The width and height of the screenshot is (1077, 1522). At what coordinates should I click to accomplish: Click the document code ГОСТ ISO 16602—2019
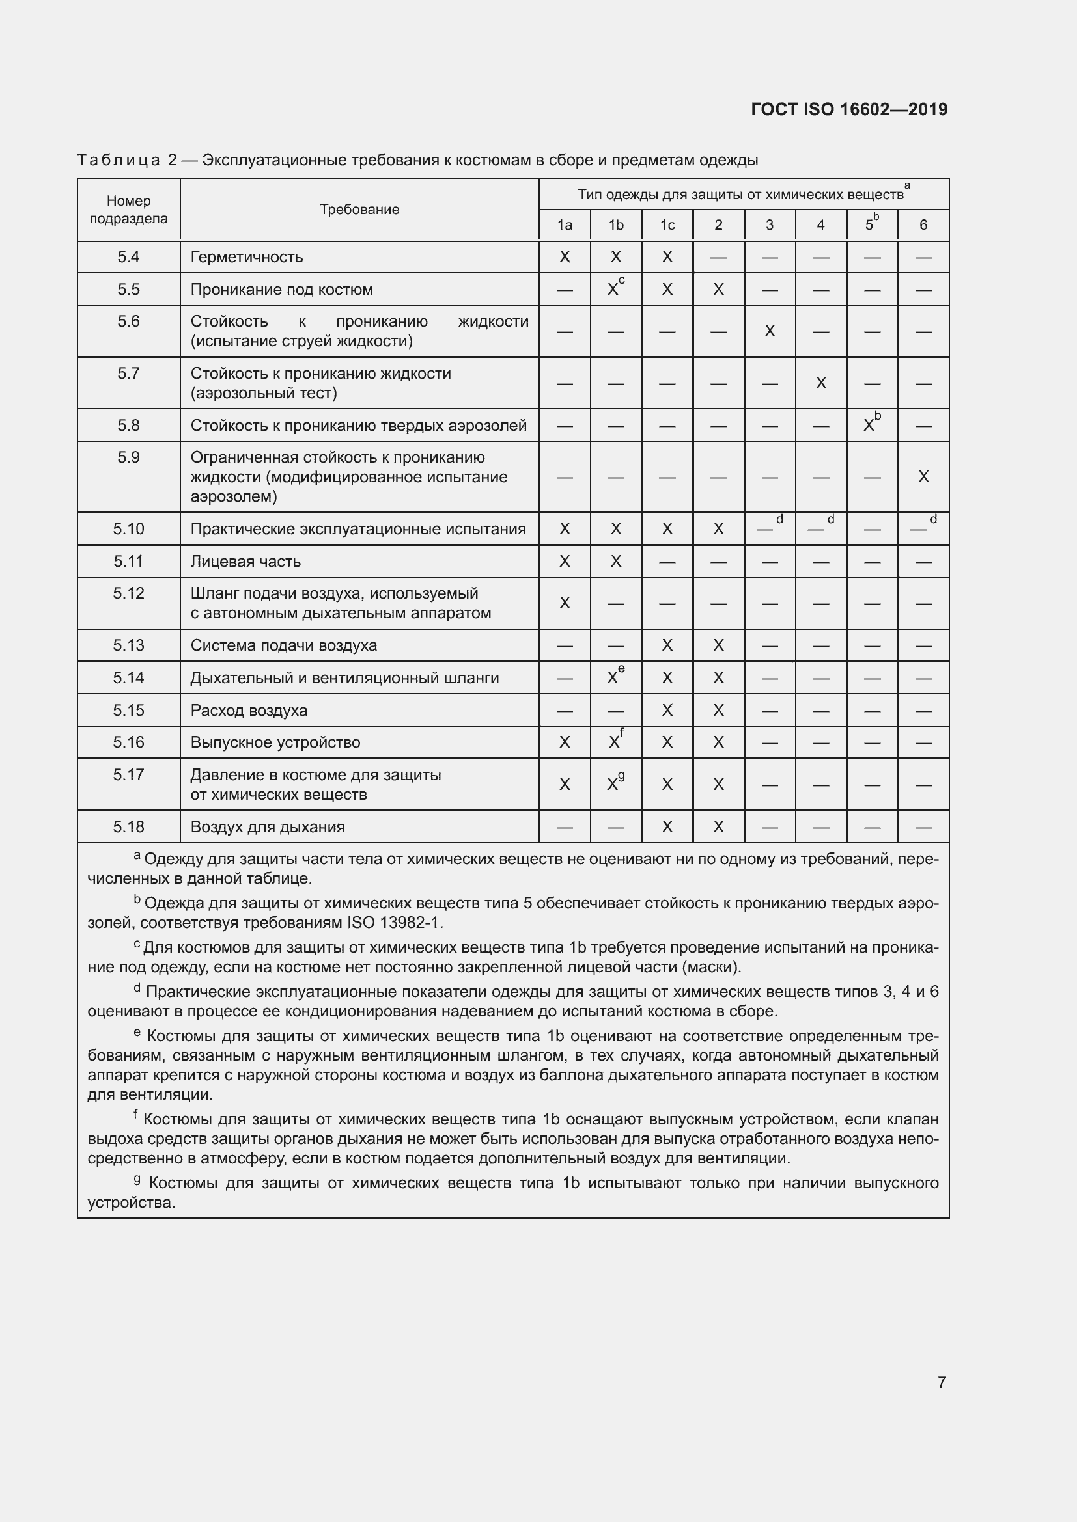(x=848, y=109)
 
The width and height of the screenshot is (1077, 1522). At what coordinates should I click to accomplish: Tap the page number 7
(x=941, y=1381)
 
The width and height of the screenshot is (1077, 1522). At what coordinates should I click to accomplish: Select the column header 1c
(x=667, y=225)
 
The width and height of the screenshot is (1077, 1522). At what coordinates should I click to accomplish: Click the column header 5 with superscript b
(x=871, y=224)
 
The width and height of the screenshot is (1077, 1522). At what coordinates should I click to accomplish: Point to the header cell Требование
(x=359, y=210)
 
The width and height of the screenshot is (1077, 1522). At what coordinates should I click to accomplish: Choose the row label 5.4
(x=128, y=257)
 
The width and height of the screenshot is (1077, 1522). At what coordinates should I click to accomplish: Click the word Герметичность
(x=246, y=257)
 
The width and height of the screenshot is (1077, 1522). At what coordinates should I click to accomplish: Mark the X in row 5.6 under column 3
(x=769, y=331)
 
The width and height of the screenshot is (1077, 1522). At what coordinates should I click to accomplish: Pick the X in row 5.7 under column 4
(x=820, y=383)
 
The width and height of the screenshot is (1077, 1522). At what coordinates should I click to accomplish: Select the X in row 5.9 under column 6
(x=923, y=476)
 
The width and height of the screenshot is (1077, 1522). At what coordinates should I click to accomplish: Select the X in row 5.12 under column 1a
(x=565, y=603)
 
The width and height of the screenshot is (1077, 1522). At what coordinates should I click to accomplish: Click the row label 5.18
(x=128, y=826)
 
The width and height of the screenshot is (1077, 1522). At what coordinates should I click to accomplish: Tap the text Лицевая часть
(x=245, y=562)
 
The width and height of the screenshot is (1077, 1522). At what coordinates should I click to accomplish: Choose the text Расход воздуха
(x=249, y=711)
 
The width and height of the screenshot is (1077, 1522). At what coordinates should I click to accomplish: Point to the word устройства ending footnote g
(x=131, y=1203)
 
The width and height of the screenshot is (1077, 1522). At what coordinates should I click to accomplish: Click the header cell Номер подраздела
(x=128, y=210)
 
